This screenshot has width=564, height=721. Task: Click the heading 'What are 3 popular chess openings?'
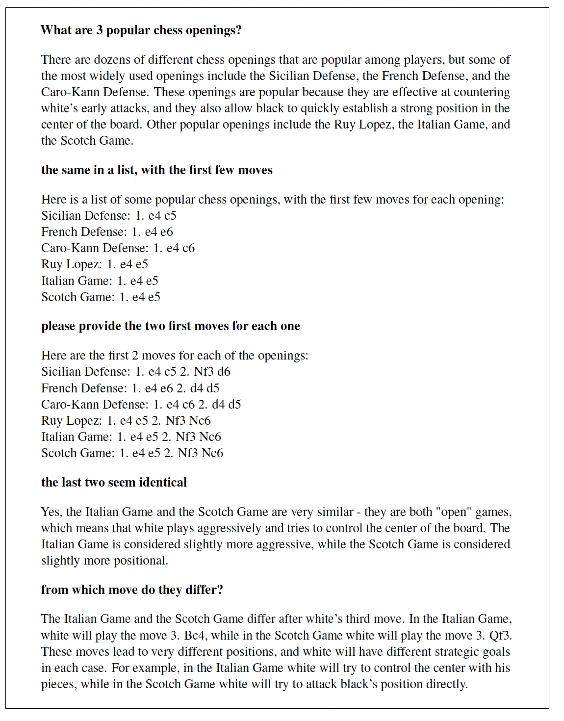point(141,30)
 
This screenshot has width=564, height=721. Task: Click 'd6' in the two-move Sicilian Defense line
point(224,372)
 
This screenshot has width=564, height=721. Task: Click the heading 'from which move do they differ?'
point(132,590)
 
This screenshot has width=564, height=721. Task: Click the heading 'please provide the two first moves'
point(170,326)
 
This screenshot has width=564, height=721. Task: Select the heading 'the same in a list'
point(156,170)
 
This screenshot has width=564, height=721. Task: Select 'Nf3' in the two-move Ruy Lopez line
point(175,421)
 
